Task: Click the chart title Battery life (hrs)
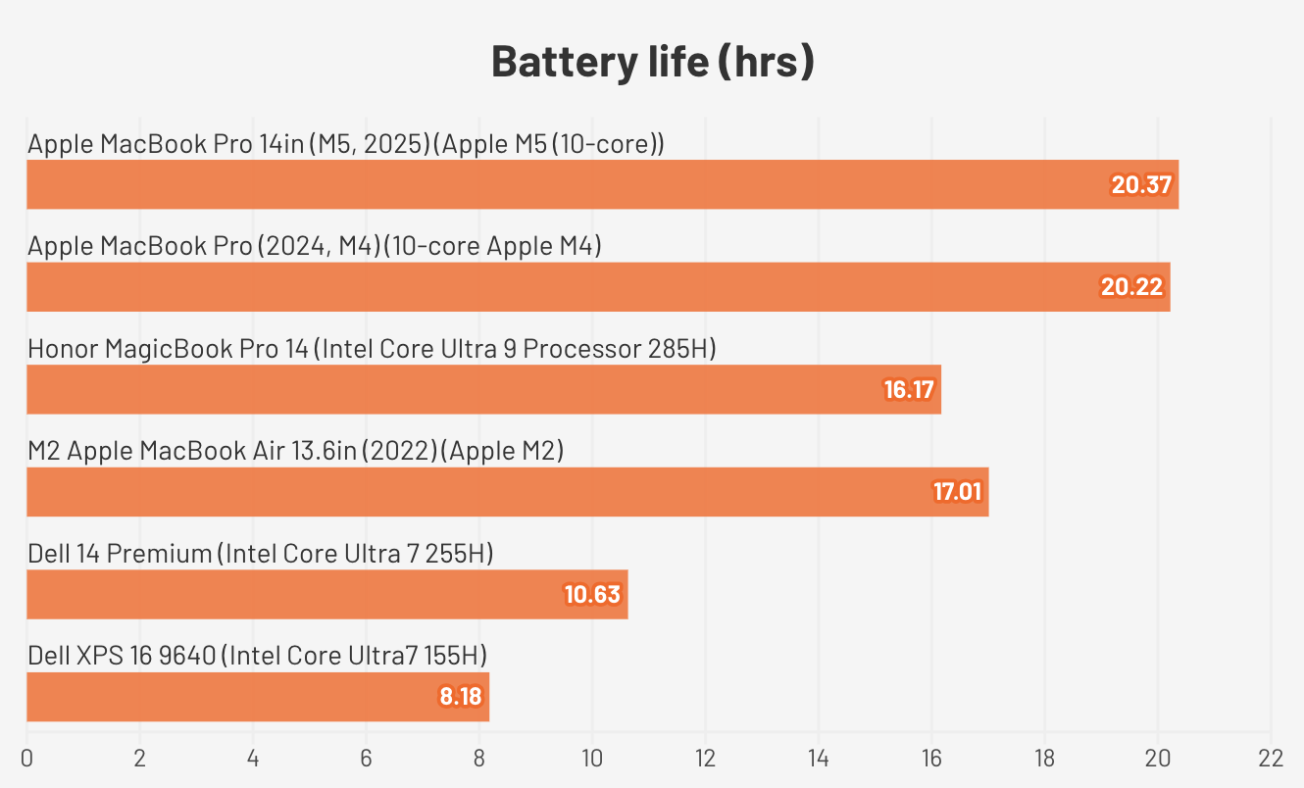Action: [652, 62]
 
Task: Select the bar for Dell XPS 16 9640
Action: [257, 697]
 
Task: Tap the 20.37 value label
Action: [1141, 184]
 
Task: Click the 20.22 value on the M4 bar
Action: [1131, 287]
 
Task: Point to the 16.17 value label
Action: [908, 390]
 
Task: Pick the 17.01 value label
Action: [957, 492]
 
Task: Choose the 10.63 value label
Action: [593, 595]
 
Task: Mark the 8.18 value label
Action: [461, 697]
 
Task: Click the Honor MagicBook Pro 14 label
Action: [372, 349]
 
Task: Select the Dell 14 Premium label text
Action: [260, 554]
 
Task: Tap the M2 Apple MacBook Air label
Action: [295, 451]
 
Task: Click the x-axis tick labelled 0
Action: [26, 758]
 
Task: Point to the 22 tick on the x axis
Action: [1270, 758]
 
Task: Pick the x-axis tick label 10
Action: [591, 758]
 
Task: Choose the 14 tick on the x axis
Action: [818, 758]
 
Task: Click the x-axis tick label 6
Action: [366, 758]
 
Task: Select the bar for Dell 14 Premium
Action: [326, 595]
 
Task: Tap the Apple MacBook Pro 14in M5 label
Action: [346, 144]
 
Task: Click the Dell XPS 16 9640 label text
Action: [257, 656]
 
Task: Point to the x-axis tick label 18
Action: [1044, 758]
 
